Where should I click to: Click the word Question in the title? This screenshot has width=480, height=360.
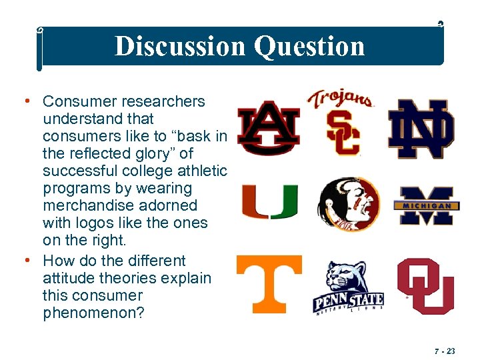tap(310, 46)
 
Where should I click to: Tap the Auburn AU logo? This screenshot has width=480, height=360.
tap(269, 126)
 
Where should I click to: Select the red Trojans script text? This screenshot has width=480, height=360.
tap(340, 99)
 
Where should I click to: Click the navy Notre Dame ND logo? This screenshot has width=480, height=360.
tap(421, 129)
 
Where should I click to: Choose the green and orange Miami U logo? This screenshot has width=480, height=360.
tap(269, 202)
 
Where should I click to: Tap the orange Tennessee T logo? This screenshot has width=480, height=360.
tap(269, 283)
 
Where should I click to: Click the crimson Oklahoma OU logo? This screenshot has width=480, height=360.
tap(425, 285)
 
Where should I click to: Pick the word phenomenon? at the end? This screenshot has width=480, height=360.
tap(93, 313)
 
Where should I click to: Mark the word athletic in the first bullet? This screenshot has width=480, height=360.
tap(199, 171)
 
